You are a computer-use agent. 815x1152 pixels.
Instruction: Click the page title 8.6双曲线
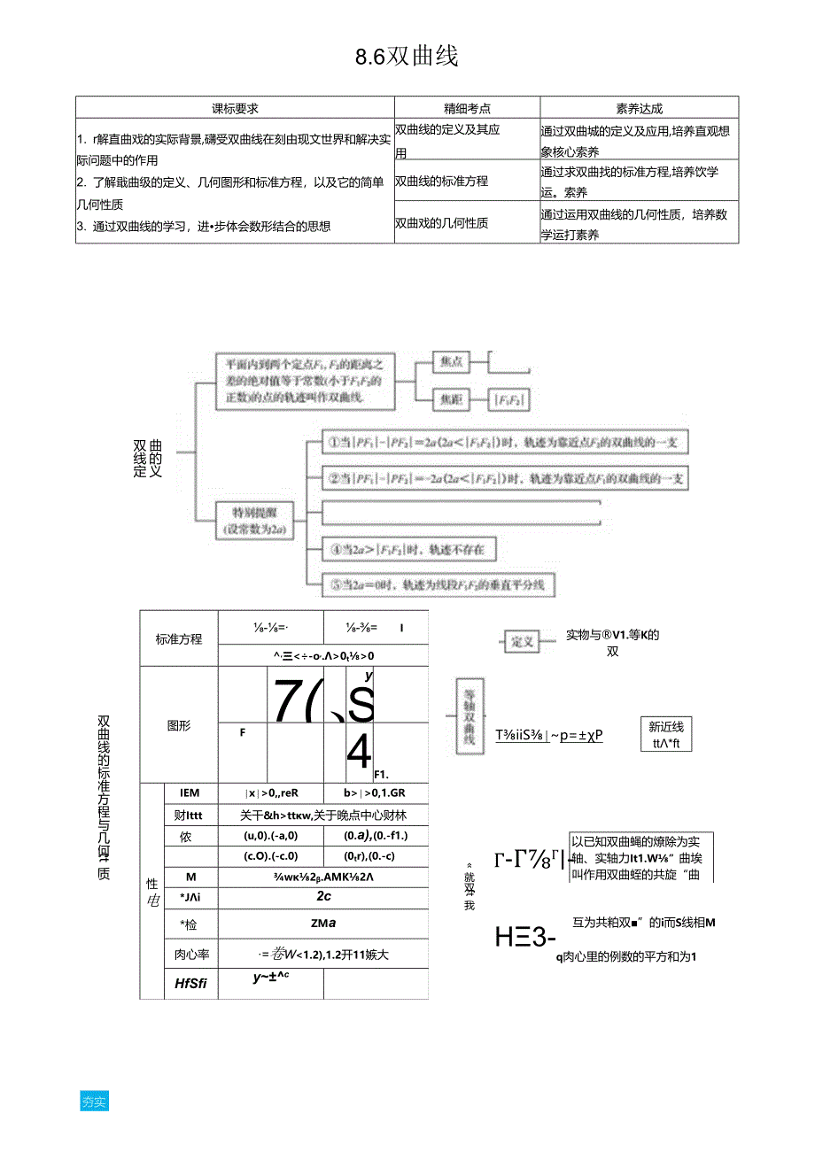407,58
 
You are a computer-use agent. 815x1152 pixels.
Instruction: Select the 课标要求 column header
235,108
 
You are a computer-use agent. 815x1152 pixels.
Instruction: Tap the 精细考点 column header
467,108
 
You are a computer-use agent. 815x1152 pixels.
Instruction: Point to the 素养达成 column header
639,108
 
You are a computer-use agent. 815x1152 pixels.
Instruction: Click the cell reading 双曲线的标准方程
441,181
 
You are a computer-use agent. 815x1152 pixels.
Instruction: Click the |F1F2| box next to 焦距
509,400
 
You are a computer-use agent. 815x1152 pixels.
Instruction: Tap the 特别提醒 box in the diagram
254,521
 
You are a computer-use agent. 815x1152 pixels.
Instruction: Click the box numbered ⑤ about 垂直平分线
429,584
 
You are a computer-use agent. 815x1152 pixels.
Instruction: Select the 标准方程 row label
179,639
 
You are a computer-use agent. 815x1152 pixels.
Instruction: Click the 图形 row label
179,725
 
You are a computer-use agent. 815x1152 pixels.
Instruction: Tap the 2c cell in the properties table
323,896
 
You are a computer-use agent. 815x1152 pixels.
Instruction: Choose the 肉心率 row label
191,955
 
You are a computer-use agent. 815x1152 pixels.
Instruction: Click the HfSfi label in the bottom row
191,983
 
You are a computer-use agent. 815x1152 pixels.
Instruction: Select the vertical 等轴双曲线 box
469,717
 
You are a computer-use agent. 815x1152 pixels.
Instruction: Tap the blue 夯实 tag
94,1102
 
